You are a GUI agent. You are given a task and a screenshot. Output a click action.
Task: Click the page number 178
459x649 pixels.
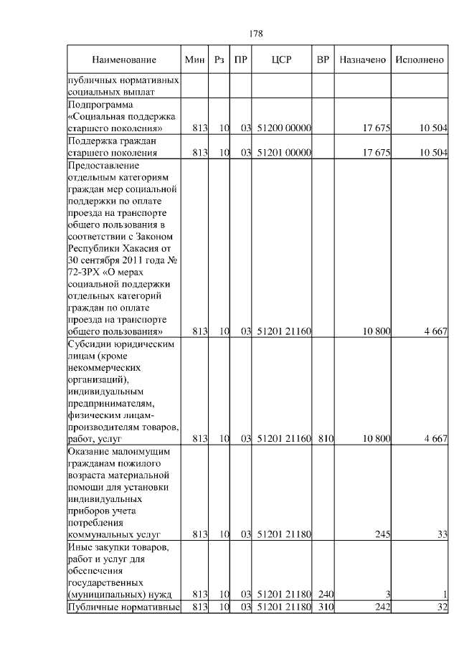click(257, 33)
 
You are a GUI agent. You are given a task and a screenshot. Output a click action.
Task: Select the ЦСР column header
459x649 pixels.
click(282, 60)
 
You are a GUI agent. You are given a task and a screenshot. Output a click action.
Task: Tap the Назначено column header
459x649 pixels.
click(363, 60)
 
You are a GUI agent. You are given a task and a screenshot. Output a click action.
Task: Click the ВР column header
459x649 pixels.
click(323, 60)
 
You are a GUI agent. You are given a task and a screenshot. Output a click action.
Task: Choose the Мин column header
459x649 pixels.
click(195, 60)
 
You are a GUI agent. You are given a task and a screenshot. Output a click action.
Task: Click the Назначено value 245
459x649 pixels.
click(382, 534)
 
